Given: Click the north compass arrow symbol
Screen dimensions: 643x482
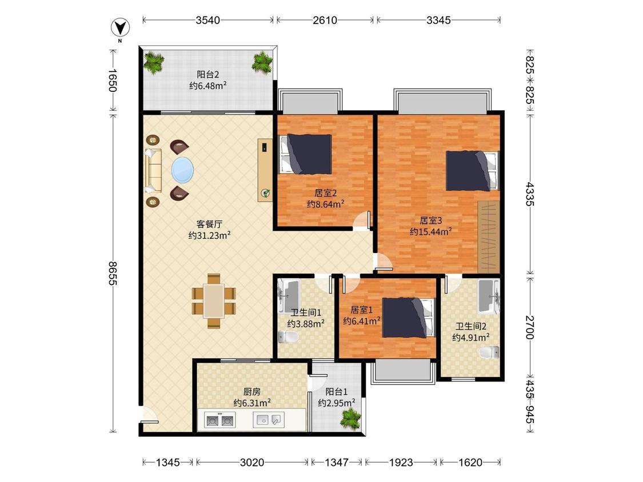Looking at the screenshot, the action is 121,28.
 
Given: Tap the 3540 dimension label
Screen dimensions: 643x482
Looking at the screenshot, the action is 208,20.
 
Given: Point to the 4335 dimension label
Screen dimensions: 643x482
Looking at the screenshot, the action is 530,194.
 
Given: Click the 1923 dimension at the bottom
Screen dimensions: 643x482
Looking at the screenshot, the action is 401,463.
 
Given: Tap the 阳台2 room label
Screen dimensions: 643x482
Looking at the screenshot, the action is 208,75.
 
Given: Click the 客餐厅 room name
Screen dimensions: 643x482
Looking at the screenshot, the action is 209,224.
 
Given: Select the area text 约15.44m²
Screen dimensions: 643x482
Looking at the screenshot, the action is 430,231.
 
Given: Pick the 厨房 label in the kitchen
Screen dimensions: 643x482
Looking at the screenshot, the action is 252,392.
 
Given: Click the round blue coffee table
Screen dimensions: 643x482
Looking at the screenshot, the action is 182,170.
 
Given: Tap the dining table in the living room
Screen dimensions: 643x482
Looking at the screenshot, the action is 214,302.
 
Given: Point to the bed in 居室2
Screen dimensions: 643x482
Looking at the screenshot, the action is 305,154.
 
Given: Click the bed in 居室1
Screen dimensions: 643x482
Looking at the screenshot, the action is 408,318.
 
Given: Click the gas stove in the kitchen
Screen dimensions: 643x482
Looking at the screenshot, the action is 220,420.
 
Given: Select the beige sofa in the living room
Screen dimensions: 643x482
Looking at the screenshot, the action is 153,171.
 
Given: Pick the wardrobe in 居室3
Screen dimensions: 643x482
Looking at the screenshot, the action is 489,236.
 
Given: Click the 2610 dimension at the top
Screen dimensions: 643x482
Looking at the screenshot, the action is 325,20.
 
